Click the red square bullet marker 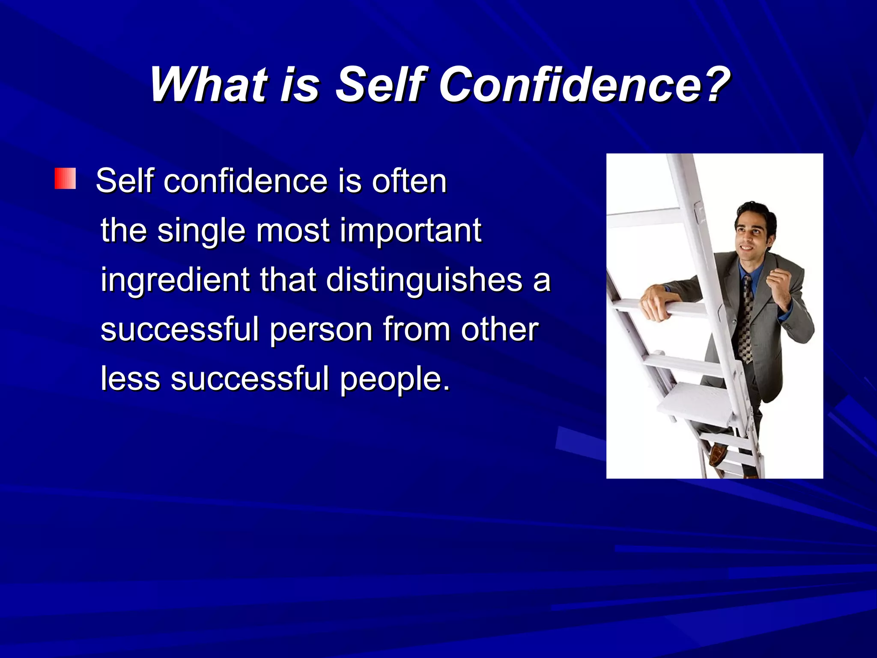65,179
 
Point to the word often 409,181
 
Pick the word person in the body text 321,330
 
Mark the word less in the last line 130,379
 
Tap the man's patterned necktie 746,319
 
